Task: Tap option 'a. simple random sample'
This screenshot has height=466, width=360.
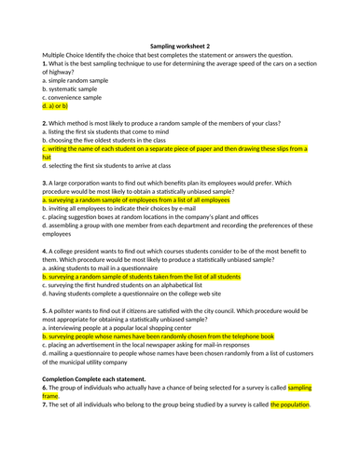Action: pos(76,80)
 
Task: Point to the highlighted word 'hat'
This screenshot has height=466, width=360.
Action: pos(47,158)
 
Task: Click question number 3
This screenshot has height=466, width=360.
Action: pos(45,183)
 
